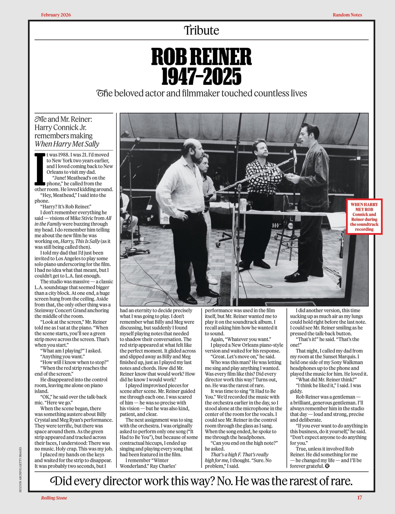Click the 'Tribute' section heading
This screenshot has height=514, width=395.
(x=201, y=30)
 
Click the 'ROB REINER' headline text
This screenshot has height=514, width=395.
(x=201, y=56)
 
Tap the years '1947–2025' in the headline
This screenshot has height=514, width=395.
(x=201, y=77)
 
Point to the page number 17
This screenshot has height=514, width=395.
(x=359, y=498)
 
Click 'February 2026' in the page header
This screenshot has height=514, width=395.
(x=56, y=15)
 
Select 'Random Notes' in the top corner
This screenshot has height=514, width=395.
(x=347, y=15)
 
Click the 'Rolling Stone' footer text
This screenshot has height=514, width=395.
(x=54, y=498)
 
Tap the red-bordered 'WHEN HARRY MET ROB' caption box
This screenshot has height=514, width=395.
(x=364, y=217)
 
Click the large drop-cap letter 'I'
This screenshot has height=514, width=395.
(x=40, y=169)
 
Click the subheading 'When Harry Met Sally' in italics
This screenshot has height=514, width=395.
(x=67, y=144)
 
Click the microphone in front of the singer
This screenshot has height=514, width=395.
(x=294, y=155)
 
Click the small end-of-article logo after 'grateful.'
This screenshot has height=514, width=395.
(x=327, y=466)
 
